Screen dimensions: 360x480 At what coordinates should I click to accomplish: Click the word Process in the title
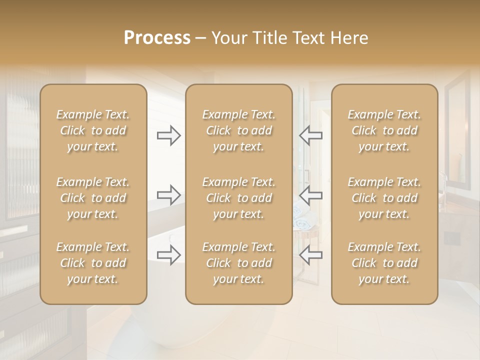157,38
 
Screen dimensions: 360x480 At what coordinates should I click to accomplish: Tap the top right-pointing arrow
168,135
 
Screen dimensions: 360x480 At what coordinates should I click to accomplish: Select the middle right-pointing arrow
168,195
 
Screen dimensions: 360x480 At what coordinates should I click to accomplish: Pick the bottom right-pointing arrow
168,255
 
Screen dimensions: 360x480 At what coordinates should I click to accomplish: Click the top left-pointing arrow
311,135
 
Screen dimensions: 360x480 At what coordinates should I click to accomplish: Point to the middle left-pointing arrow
311,195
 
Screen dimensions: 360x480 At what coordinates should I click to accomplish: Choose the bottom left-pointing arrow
311,255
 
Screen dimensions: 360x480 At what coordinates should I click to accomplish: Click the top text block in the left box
93,130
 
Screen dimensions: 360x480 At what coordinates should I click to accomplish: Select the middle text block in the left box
93,198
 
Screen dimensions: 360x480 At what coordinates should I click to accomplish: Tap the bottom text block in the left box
93,263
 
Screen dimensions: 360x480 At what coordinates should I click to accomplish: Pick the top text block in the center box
238,130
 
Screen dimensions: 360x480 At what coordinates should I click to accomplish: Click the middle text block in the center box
238,198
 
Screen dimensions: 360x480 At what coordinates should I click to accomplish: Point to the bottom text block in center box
238,263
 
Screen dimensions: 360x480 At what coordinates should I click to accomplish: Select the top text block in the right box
384,130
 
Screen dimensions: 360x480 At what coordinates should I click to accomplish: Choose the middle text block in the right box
384,198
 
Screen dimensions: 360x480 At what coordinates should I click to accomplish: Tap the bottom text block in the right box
384,263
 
